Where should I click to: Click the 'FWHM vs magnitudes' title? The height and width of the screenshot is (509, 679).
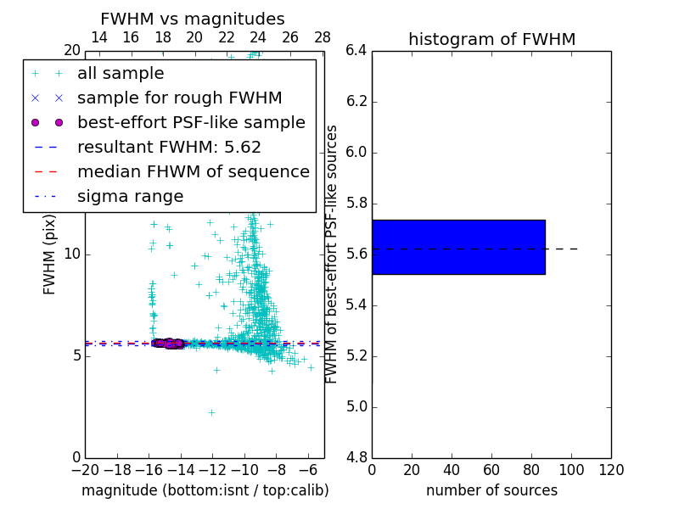[192, 19]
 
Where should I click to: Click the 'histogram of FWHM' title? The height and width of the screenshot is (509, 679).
[491, 39]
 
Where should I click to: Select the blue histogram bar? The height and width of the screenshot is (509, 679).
[458, 247]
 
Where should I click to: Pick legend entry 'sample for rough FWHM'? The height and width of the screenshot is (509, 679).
[179, 98]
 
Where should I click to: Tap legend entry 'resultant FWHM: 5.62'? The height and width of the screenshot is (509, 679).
[169, 147]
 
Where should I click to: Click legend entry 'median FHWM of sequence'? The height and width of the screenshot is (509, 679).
[193, 171]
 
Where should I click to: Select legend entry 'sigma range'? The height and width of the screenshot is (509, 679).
[130, 196]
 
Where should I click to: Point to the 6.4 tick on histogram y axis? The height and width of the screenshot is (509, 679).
[356, 51]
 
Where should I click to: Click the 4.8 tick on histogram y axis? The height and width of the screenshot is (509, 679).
[356, 457]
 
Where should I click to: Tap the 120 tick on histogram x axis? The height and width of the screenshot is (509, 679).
[611, 470]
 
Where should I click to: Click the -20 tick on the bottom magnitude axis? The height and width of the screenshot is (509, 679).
[85, 470]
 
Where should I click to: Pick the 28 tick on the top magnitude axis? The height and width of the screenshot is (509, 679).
[323, 37]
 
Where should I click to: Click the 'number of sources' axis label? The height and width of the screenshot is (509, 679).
[491, 490]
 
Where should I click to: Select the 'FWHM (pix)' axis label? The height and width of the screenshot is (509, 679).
[50, 254]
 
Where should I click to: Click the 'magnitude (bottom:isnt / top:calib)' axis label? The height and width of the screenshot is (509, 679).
[205, 490]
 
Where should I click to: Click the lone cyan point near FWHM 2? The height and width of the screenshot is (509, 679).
[211, 412]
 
